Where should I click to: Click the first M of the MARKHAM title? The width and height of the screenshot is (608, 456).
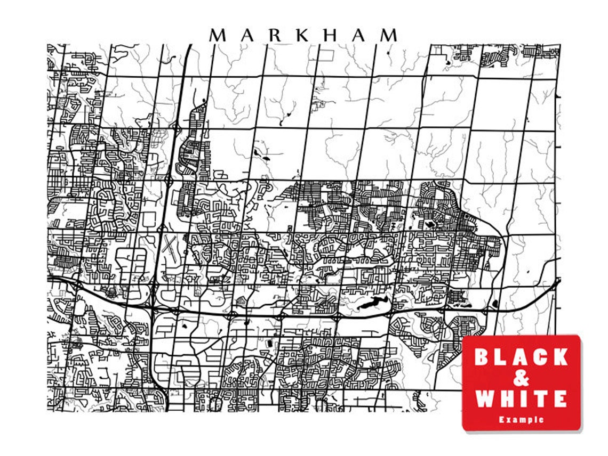pos(219,36)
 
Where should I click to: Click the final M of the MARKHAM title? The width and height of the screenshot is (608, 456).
pos(388,36)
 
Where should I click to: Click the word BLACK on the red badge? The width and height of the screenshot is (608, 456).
pos(521,357)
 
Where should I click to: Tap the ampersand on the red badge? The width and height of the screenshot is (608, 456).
pos(521,378)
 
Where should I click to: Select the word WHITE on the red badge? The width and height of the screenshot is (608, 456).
pos(521,398)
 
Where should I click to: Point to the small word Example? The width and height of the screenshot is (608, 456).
pos(521,420)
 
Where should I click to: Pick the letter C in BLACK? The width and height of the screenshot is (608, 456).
pos(540,357)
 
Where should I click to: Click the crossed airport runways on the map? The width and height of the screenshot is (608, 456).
pos(169,248)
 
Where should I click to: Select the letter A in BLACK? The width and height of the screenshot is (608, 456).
pos(521,357)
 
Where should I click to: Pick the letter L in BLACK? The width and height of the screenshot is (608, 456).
pos(501,357)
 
